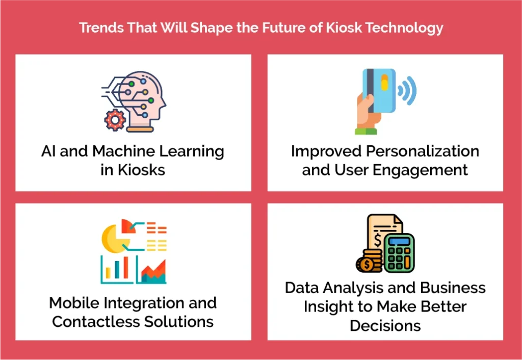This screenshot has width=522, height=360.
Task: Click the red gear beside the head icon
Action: pyautogui.click(x=115, y=120)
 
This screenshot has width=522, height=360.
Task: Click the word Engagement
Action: pyautogui.click(x=427, y=170)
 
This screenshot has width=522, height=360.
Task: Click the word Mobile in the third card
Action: pyautogui.click(x=72, y=303)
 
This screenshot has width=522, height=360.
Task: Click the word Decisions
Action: pyautogui.click(x=385, y=325)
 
